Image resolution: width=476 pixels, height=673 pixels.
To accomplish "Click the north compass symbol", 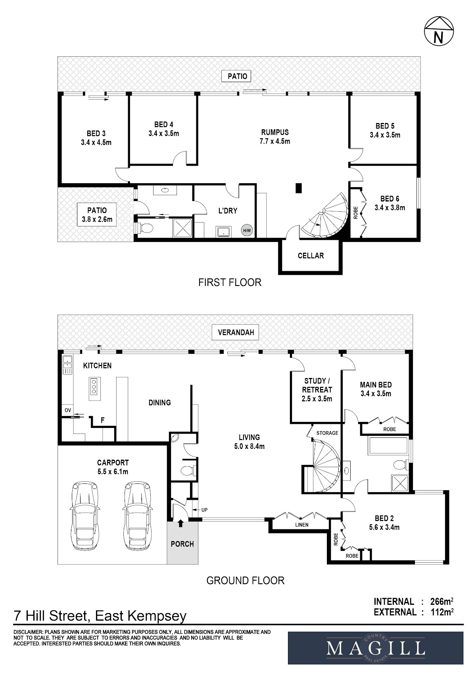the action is pyautogui.click(x=439, y=31).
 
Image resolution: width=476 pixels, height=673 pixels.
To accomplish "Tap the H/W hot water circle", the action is pyautogui.click(x=247, y=230).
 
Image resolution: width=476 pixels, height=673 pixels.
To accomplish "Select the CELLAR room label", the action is pyautogui.click(x=311, y=256).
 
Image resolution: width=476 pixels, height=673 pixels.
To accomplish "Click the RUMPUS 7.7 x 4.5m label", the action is pyautogui.click(x=274, y=137).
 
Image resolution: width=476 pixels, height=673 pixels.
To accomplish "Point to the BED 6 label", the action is pyautogui.click(x=390, y=199).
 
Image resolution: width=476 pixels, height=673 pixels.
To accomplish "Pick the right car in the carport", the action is pyautogui.click(x=137, y=516).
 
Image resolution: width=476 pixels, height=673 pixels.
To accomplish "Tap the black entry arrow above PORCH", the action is pyautogui.click(x=180, y=523).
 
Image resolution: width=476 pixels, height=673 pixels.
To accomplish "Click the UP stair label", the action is pyautogui.click(x=204, y=510).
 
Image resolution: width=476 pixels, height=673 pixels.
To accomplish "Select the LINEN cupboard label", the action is pyautogui.click(x=302, y=525).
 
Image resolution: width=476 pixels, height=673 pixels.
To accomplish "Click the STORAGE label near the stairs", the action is pyautogui.click(x=327, y=433).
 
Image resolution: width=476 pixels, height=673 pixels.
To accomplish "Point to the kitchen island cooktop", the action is pyautogui.click(x=94, y=389).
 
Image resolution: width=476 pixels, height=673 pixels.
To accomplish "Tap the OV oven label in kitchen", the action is pyautogui.click(x=68, y=410).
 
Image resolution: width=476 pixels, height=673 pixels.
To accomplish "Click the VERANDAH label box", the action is pyautogui.click(x=235, y=332).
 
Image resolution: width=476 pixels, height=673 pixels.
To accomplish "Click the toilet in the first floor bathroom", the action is pyautogui.click(x=145, y=228).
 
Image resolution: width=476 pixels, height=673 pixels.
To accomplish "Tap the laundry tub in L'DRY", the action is pyautogui.click(x=223, y=232).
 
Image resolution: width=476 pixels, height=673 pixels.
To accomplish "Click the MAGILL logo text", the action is pyautogui.click(x=376, y=649).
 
